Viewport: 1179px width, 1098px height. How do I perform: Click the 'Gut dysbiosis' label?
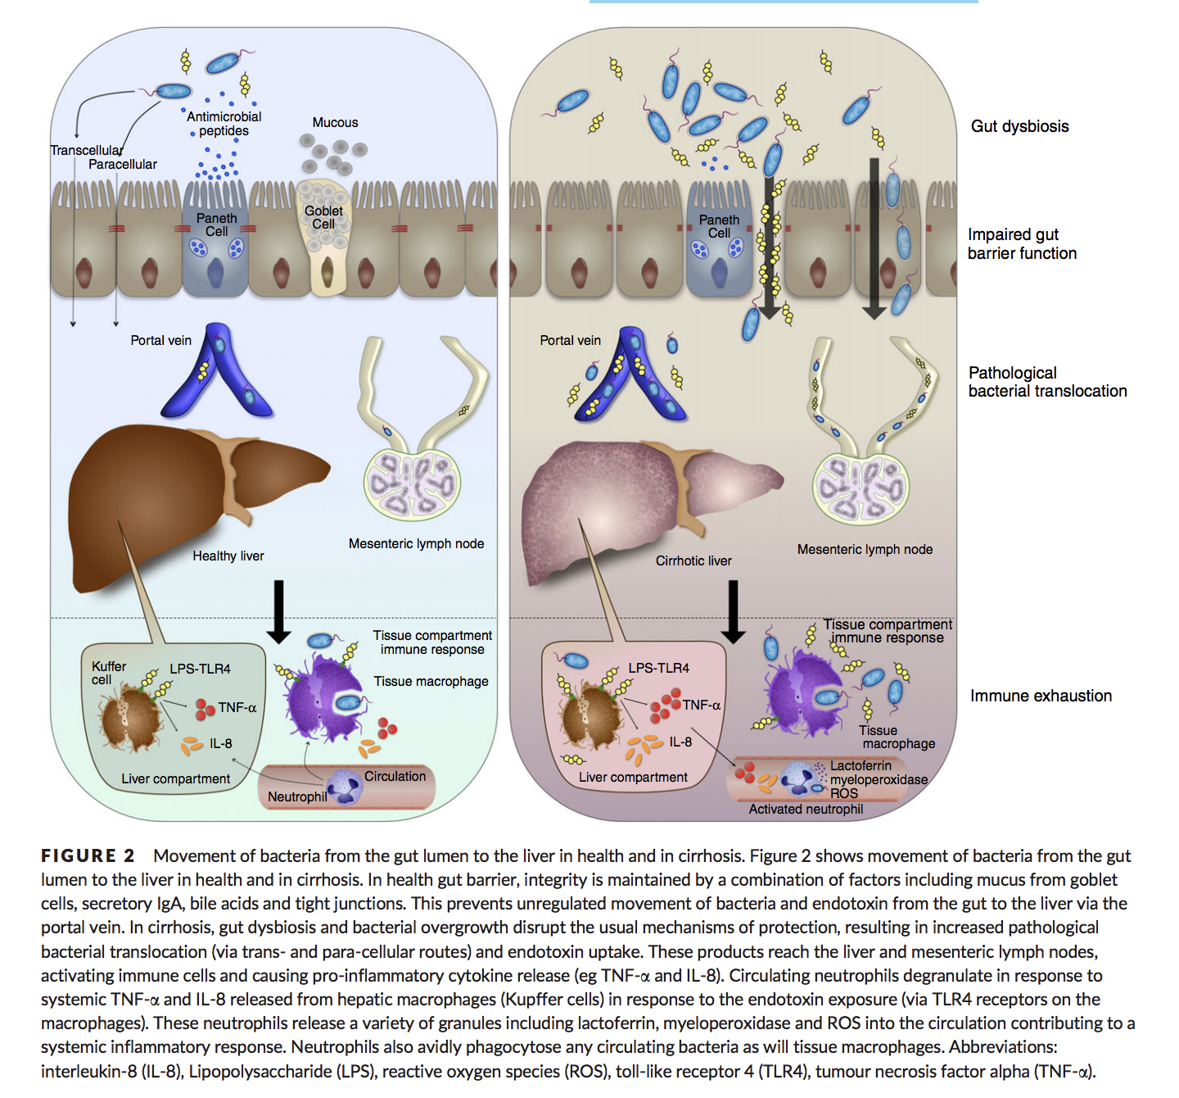1019,126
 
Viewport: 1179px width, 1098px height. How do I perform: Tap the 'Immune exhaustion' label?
1041,696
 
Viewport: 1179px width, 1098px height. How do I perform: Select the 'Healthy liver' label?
228,556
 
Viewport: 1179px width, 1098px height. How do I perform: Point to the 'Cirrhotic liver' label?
693,560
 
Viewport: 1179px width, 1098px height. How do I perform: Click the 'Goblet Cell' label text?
323,217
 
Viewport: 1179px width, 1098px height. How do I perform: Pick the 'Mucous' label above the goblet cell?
335,122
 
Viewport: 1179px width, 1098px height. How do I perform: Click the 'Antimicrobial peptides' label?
224,124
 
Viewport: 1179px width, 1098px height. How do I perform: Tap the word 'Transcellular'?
86,150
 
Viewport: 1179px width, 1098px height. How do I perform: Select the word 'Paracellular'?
123,164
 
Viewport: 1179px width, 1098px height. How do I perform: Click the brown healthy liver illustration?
164,483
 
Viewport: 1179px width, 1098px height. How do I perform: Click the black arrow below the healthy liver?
278,610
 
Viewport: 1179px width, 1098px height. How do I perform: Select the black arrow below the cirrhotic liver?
733,610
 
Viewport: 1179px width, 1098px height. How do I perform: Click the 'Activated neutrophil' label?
806,809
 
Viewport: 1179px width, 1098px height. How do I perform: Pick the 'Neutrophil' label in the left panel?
296,796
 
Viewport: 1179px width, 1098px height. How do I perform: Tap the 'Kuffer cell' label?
108,673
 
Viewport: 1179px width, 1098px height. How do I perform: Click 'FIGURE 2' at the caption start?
88,855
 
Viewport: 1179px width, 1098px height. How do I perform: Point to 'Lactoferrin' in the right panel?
861,765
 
